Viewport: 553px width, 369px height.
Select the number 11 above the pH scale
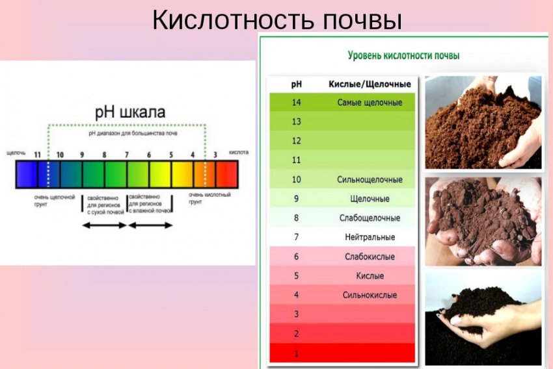tap(37, 155)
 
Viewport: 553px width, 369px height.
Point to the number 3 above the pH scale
tap(215, 155)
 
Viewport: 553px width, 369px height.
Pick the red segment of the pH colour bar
tap(227, 174)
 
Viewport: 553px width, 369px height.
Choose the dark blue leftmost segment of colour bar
tap(26, 174)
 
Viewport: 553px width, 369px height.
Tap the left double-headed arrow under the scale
tap(104, 225)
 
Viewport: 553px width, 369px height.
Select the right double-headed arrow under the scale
tap(150, 225)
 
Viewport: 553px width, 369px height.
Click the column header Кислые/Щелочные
tap(370, 84)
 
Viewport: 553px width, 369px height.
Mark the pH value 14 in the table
tap(296, 103)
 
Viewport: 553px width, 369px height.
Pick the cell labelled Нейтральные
tap(370, 237)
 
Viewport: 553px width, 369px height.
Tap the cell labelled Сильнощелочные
tap(370, 179)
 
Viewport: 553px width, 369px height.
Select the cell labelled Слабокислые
tap(370, 257)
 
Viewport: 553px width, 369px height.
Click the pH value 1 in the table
tap(296, 353)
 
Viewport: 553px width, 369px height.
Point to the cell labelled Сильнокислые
tap(370, 295)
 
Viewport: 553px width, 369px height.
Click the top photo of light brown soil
tap(483, 123)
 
